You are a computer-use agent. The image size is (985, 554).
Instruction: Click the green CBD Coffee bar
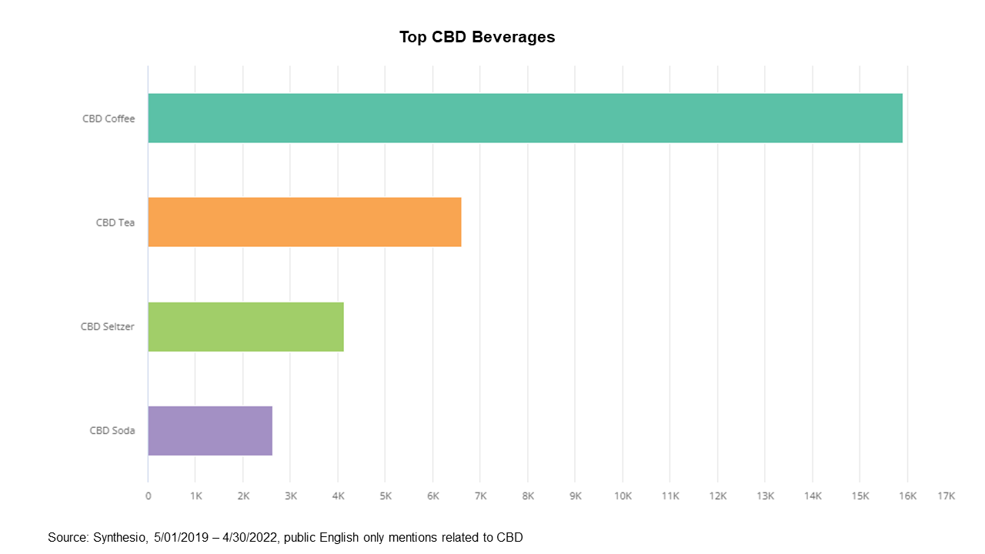525,118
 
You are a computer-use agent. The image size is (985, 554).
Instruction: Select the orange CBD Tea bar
305,222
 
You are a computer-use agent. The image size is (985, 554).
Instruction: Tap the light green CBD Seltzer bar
245,326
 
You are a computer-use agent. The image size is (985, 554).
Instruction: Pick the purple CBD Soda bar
210,430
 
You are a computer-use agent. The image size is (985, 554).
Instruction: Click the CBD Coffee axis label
109,118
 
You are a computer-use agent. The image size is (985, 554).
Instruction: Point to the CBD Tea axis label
115,222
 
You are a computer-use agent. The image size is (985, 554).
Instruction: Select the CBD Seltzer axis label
108,326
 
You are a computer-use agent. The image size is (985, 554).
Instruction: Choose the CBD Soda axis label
112,430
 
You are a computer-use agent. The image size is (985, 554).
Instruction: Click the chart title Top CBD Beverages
477,37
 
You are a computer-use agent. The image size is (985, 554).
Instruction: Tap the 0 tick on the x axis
149,496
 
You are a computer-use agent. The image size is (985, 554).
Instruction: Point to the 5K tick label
386,496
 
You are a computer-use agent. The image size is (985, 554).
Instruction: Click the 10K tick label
623,496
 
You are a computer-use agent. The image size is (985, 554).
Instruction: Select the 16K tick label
908,496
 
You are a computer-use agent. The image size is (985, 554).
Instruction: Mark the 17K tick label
946,496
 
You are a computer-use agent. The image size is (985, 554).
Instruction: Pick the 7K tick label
481,496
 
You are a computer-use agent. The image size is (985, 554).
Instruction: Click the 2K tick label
243,496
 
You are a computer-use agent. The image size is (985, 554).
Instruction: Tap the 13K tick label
766,496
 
